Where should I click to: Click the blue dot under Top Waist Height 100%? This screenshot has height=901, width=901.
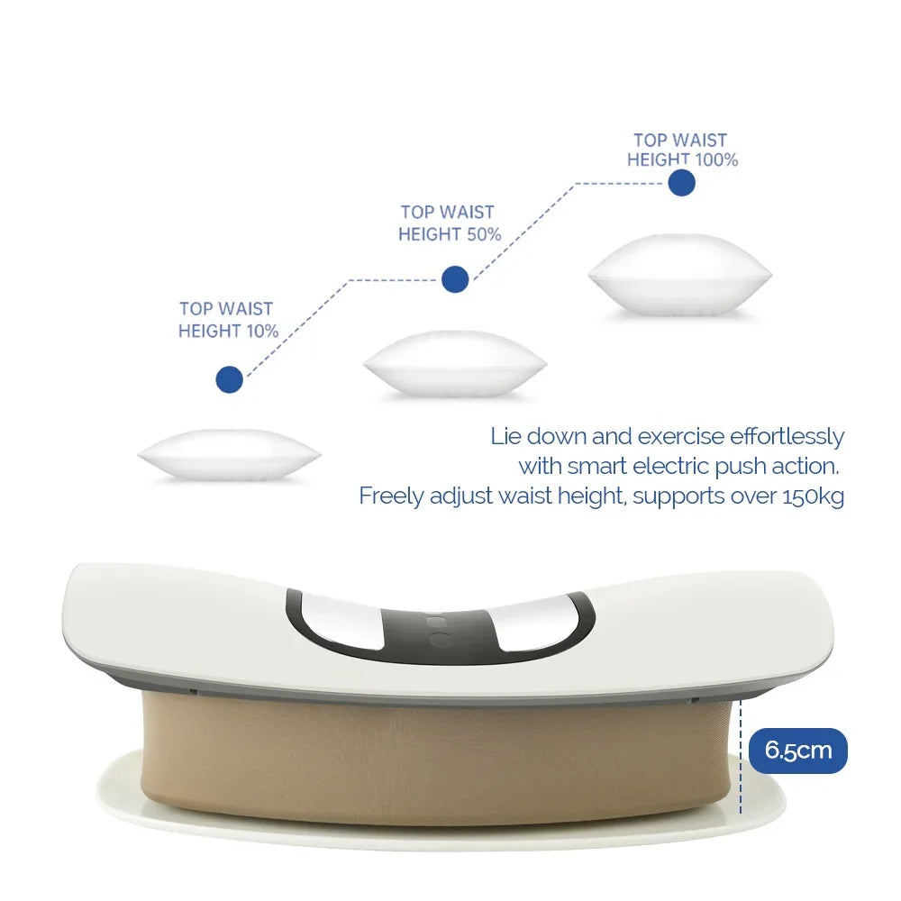pos(682,183)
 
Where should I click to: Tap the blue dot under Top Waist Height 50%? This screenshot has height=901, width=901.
pos(455,279)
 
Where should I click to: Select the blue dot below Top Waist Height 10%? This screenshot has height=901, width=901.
pos(230,379)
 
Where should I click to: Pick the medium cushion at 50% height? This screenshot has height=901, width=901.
pos(454,362)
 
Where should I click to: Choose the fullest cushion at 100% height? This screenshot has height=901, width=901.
pos(679,275)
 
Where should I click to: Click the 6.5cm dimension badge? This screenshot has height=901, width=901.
pos(797,751)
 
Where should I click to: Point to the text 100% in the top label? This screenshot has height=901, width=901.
pos(715,160)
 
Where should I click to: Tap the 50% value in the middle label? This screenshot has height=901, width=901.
pos(481,234)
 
